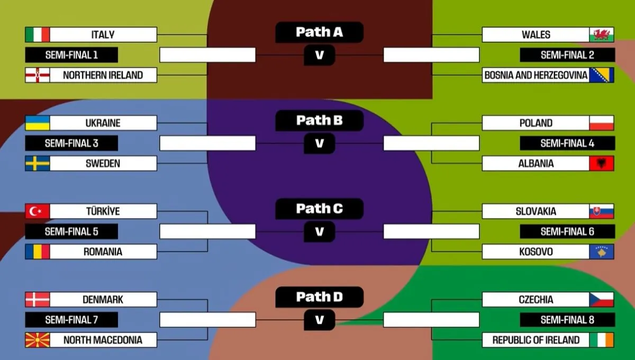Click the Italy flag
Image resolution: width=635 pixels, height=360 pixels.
[x=37, y=35]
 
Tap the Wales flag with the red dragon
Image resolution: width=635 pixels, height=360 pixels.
[x=602, y=35]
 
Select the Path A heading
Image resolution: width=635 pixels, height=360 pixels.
[x=319, y=32]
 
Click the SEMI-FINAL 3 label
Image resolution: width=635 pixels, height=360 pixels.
[x=71, y=143]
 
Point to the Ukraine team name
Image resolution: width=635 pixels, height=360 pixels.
[x=103, y=123]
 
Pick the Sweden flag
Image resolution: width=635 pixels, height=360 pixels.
[x=37, y=164]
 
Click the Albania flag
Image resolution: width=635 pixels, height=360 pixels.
[x=602, y=164]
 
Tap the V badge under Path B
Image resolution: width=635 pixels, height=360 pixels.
[x=319, y=143]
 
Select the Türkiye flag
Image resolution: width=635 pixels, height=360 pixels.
[x=37, y=212]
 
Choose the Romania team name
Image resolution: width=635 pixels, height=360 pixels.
[x=103, y=252]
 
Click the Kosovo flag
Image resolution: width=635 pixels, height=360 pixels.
[x=602, y=252]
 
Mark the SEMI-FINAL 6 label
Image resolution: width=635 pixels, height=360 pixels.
[x=567, y=232]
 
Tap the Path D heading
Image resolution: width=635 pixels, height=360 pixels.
[x=319, y=297]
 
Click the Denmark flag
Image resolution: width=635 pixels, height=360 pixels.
[x=37, y=300]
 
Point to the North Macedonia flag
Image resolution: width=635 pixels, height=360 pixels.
[x=37, y=340]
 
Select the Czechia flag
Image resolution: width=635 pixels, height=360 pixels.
[x=602, y=300]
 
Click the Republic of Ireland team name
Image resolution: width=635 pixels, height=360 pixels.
[x=536, y=340]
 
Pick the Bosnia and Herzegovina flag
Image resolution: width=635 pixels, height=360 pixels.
[x=602, y=75]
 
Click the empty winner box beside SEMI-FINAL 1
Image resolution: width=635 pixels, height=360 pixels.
[x=207, y=55]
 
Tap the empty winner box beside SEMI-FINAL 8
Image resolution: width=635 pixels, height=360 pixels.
[x=431, y=320]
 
